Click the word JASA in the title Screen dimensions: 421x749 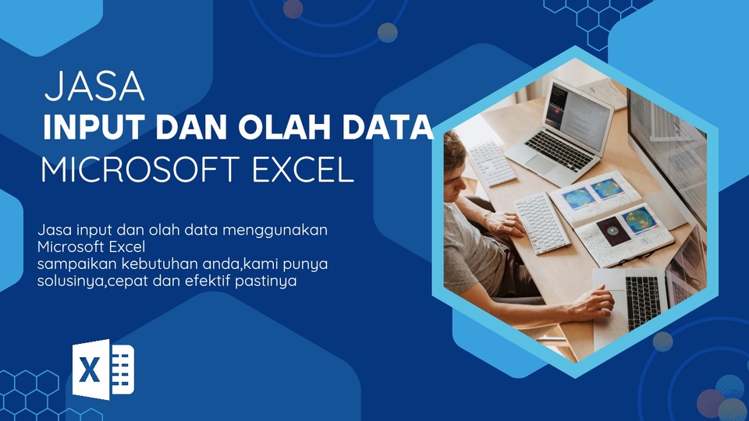(x=94, y=87)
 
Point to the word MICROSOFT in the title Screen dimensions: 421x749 (x=140, y=170)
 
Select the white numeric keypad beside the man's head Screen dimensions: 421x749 (x=491, y=164)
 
